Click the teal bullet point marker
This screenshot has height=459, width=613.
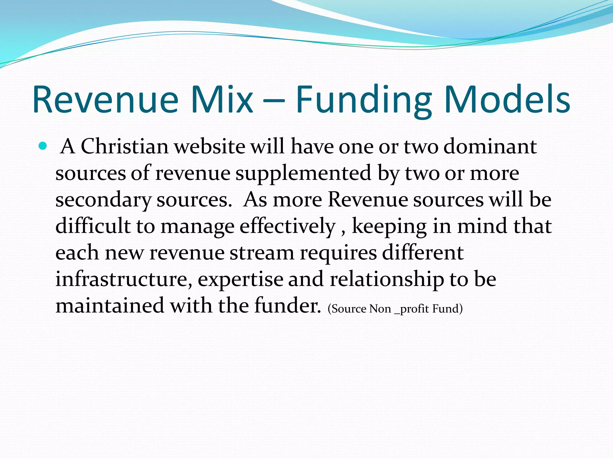coord(43,146)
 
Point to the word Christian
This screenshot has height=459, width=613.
coord(125,146)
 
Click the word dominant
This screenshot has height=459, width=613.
coord(490,146)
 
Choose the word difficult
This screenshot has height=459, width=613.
coord(93,226)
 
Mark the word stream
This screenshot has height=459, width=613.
coord(262,253)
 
